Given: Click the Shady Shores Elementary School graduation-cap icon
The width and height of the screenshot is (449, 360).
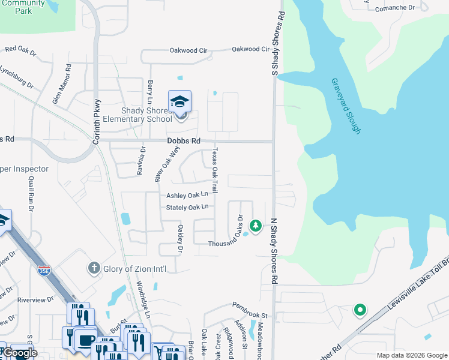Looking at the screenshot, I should [179, 102].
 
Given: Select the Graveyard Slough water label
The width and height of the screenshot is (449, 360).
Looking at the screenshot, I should [345, 106].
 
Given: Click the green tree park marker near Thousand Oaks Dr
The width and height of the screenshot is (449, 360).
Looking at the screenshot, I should [256, 226].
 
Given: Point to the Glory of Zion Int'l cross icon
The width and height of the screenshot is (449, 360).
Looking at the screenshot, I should [93, 268].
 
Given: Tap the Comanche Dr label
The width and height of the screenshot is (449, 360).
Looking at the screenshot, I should [394, 8].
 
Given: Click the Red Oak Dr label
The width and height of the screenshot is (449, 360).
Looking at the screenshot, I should [20, 50].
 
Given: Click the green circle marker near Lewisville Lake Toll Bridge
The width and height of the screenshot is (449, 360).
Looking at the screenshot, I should [360, 310].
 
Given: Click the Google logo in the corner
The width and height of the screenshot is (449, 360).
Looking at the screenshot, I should [20, 353].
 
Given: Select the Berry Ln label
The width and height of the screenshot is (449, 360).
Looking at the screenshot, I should [149, 94].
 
